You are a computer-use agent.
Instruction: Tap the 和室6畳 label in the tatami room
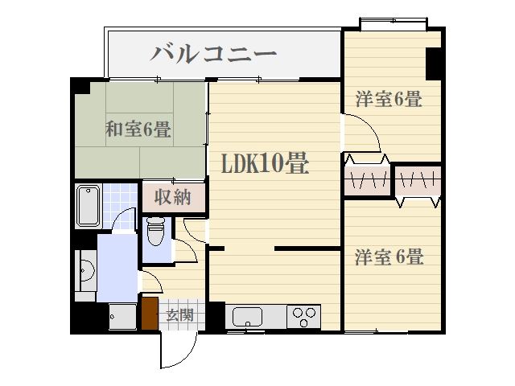click(x=137, y=129)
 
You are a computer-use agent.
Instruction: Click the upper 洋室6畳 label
click(x=389, y=100)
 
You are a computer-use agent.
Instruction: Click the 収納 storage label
click(x=173, y=197)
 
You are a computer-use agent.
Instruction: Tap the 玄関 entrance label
click(x=179, y=314)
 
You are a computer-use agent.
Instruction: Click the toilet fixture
click(x=156, y=234)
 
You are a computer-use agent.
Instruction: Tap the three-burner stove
click(x=304, y=315)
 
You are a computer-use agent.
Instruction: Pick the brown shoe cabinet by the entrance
click(x=150, y=314)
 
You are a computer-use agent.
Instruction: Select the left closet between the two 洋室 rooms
click(x=367, y=180)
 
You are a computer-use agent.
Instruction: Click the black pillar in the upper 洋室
click(x=433, y=64)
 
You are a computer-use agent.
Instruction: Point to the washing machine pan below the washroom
click(x=122, y=318)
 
